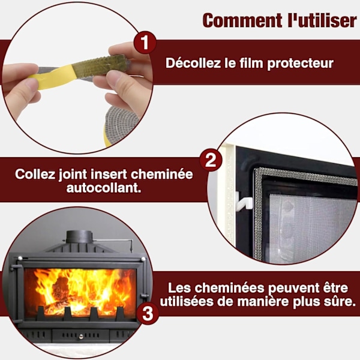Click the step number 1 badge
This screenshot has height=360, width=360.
145,43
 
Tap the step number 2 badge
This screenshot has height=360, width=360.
211,160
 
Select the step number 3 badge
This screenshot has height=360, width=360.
147,313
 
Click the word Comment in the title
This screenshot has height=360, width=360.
242,20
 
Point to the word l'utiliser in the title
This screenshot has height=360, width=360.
322,20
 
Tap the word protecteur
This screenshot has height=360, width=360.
300,64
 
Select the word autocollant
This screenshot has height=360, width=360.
104,188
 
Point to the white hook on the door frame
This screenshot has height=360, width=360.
244,203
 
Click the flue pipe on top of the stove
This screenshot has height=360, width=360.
79,237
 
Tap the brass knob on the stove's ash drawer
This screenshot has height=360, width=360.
81,337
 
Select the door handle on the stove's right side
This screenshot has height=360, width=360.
145,295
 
